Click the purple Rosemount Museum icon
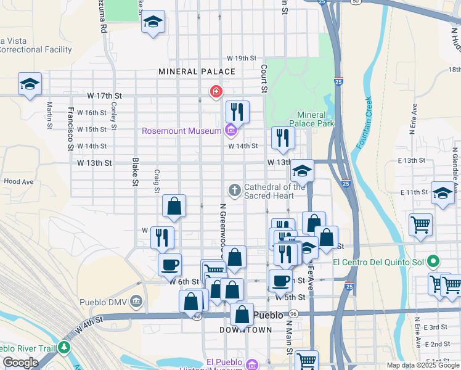coord(230,130)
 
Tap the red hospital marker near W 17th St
coord(216,92)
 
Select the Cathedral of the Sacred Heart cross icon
coord(234,189)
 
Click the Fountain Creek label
coord(364,123)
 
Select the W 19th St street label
coord(241,58)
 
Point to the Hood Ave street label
coord(18,182)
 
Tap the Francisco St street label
coord(71,129)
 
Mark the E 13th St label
coord(409,160)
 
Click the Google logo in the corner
coord(20,363)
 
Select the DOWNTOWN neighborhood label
coord(246,330)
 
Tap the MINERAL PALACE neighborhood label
coord(197,72)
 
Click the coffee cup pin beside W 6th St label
coord(169,265)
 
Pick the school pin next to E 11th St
coord(443,193)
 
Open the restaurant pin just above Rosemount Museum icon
coord(237,112)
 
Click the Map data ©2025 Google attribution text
coord(422,365)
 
